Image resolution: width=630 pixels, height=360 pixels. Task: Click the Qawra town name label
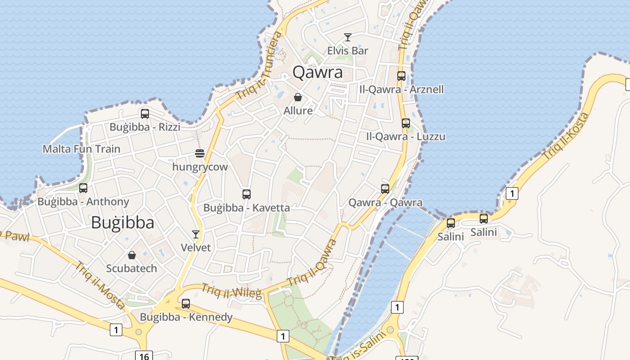318,72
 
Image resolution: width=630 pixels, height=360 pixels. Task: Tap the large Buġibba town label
122,223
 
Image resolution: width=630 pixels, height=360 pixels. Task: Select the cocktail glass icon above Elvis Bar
347,37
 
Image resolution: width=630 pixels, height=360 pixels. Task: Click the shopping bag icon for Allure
298,97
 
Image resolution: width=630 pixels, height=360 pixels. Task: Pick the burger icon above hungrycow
200,153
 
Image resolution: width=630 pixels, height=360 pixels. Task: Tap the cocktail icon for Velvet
196,234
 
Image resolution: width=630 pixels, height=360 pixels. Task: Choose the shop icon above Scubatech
131,255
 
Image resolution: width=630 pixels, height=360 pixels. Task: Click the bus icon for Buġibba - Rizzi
144,114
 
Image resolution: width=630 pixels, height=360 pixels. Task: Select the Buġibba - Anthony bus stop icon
83,188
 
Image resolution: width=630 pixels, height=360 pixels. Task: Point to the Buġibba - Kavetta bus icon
247,194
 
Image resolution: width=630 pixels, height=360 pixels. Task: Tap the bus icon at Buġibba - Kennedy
186,304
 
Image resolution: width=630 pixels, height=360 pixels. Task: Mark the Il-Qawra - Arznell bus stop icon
401,76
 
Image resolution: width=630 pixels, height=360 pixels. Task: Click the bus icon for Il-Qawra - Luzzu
406,123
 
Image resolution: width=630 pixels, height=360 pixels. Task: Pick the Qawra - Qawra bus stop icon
385,189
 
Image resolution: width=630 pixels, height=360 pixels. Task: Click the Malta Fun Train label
81,149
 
